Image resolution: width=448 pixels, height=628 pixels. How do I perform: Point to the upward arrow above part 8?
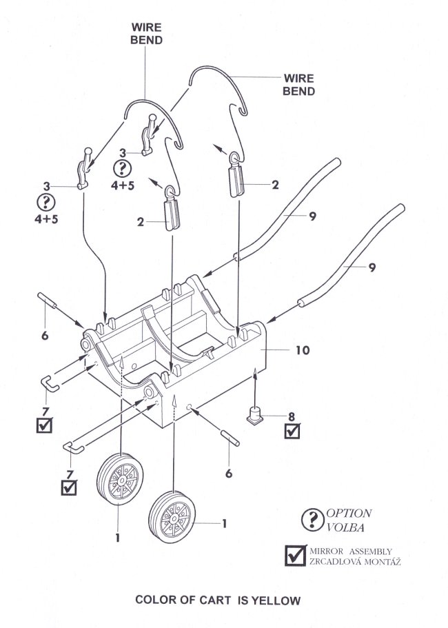(256, 383)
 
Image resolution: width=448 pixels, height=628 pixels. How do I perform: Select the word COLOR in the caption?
(158, 600)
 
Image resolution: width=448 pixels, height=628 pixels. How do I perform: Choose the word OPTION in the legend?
(349, 514)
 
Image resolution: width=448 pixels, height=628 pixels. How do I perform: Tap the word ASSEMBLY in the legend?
(372, 551)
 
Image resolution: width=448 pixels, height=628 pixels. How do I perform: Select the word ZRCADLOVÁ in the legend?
(338, 562)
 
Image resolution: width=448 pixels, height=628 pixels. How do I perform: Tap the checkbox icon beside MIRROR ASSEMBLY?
(296, 556)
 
